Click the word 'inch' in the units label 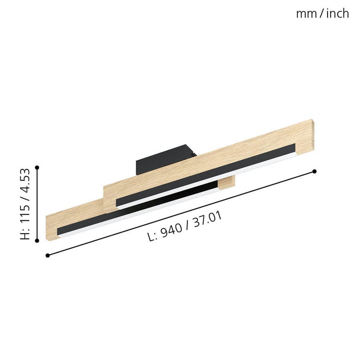click(338, 14)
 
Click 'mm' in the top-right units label click(306, 15)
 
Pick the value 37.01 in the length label click(207, 220)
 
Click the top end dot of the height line click(37, 167)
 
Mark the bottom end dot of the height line click(37, 240)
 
